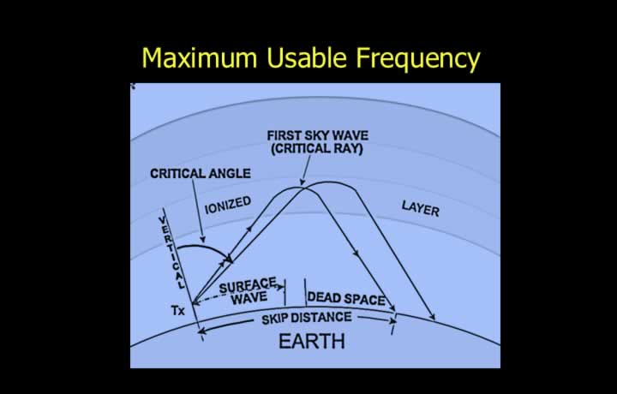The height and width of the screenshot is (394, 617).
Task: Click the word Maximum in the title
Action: click(x=199, y=57)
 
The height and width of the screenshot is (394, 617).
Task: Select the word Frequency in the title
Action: click(x=418, y=59)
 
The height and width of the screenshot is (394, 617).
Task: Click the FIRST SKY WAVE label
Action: click(x=318, y=135)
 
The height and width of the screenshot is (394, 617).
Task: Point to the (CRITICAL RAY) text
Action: click(x=317, y=149)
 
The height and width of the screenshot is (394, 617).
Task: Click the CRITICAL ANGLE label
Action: click(x=201, y=173)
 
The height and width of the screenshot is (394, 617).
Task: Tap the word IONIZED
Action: click(x=228, y=205)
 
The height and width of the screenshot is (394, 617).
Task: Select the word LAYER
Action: click(x=420, y=208)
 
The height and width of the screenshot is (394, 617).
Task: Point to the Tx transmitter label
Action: click(x=178, y=311)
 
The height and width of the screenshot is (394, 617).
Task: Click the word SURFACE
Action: click(x=248, y=286)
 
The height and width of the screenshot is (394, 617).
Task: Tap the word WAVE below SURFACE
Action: click(x=249, y=298)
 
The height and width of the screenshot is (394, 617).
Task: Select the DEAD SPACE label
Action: click(x=346, y=298)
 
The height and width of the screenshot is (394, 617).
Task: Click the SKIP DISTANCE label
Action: click(x=307, y=318)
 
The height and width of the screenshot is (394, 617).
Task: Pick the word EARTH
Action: click(x=312, y=341)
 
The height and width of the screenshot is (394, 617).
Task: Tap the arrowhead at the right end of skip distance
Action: click(x=392, y=321)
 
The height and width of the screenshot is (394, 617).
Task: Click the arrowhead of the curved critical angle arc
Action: click(x=228, y=259)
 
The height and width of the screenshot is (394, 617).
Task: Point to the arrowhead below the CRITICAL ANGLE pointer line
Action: click(x=202, y=240)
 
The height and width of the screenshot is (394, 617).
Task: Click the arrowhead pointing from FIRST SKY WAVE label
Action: click(x=302, y=182)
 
